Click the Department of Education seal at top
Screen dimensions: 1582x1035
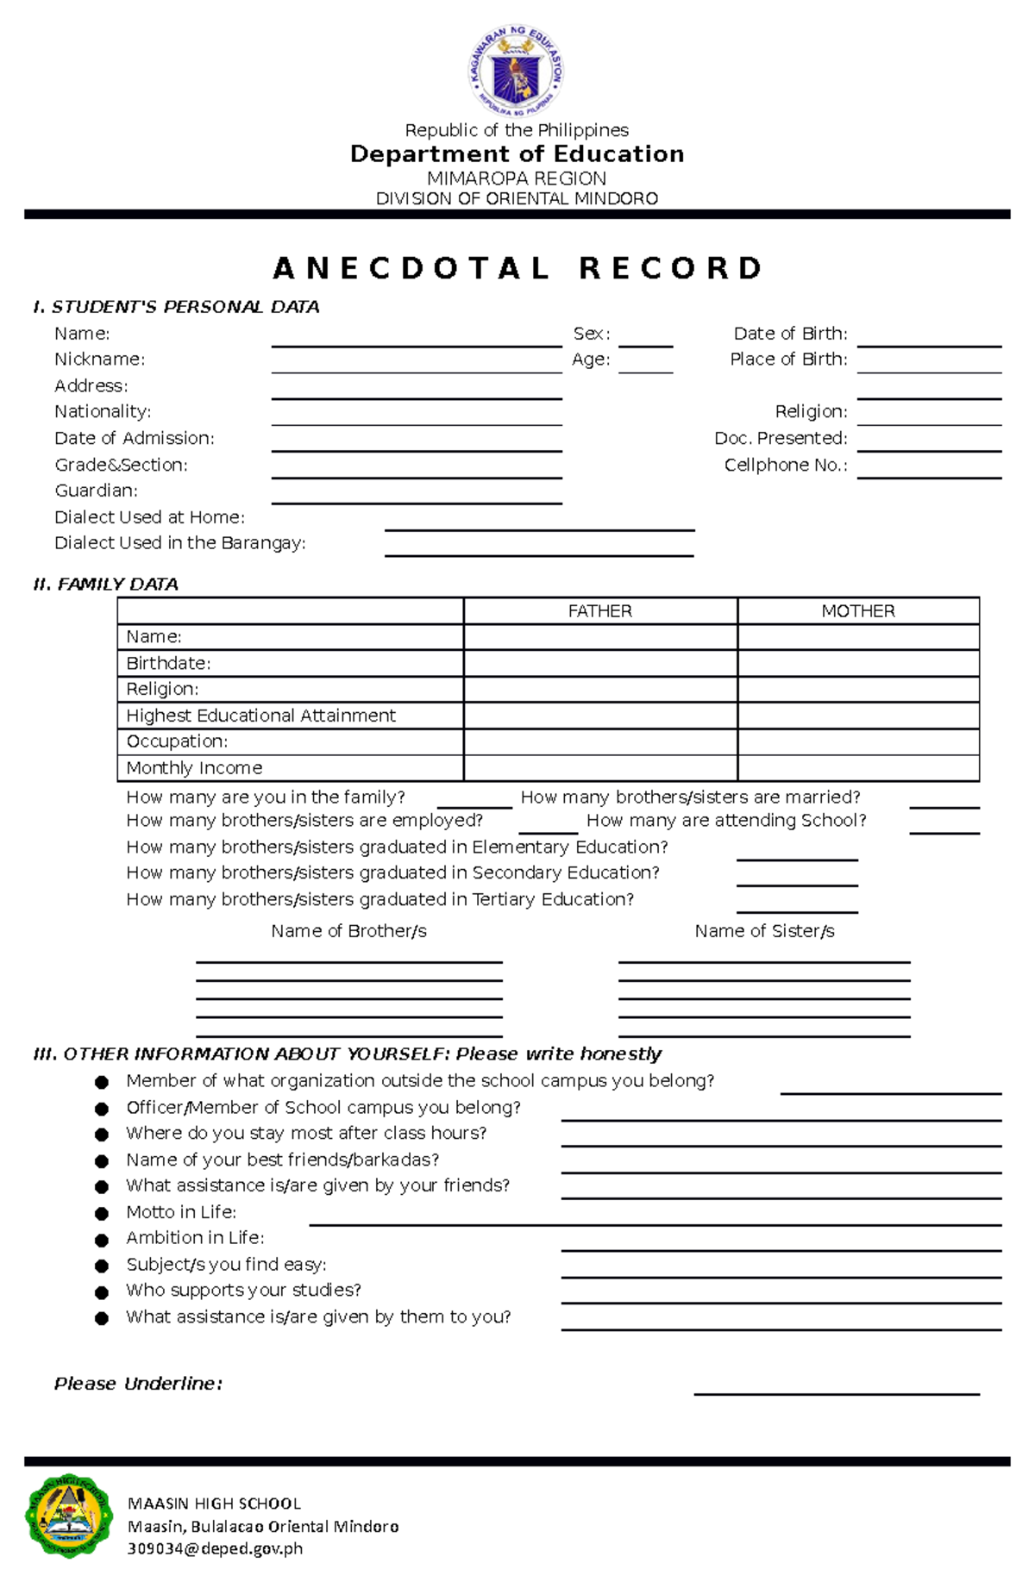click(516, 71)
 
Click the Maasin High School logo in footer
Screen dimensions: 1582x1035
click(69, 1515)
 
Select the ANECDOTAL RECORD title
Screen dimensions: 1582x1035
click(517, 268)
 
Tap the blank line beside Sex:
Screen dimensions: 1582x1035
click(645, 341)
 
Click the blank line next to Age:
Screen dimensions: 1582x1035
click(645, 367)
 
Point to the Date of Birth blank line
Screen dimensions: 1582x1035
click(929, 341)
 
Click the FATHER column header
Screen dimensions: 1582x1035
click(600, 611)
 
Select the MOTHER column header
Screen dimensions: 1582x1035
click(858, 611)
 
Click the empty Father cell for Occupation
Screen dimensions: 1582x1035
click(600, 741)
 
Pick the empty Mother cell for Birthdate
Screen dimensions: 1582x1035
click(858, 663)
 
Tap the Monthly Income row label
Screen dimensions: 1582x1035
click(194, 768)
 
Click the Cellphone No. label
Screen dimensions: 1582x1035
click(786, 466)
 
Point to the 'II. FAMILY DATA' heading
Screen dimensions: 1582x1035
click(105, 585)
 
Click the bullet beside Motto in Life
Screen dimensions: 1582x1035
click(102, 1214)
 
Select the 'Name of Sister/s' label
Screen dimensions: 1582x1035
click(764, 931)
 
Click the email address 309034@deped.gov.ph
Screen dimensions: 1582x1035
click(215, 1549)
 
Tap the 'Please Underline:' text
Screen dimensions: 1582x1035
click(138, 1384)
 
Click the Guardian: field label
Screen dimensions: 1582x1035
click(96, 491)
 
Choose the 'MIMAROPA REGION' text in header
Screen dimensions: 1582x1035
click(517, 178)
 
